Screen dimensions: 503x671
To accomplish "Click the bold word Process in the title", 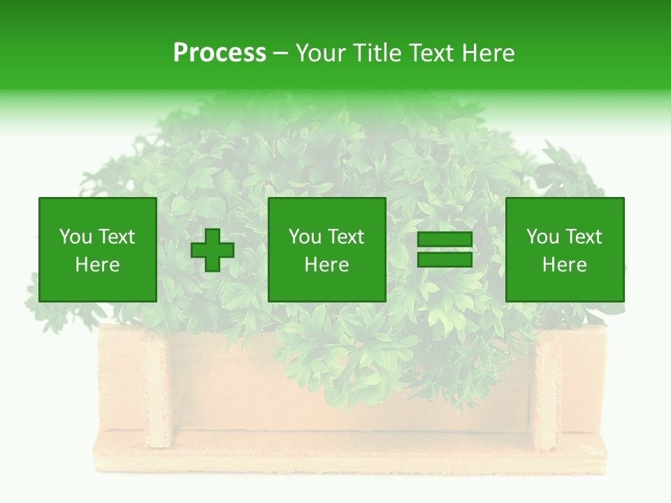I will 219,53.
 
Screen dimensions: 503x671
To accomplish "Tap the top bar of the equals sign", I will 445,240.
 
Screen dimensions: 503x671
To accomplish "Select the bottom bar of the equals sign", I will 445,259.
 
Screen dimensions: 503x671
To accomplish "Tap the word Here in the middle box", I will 327,265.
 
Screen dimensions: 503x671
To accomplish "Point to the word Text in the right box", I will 583,237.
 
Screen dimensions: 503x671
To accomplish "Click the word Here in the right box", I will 565,265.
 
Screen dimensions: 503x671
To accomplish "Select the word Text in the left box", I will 116,237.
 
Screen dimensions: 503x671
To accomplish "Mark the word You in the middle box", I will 305,237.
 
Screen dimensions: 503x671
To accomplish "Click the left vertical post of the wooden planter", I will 158,391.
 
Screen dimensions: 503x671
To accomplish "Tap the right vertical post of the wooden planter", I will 547,391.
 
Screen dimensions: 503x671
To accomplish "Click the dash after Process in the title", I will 280,53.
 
